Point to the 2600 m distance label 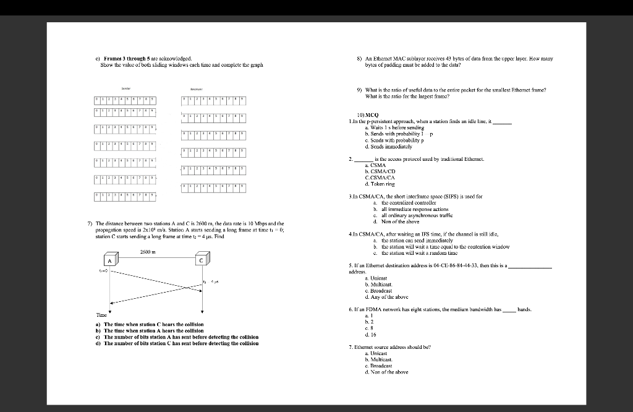(x=156, y=251)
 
